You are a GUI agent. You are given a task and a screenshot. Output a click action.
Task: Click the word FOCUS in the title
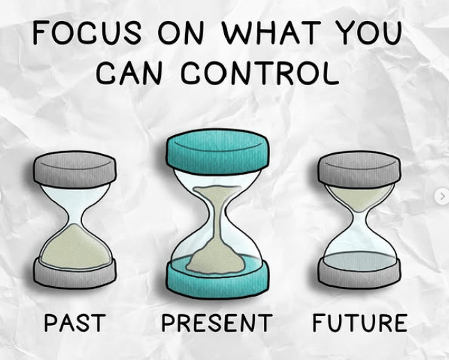[x=87, y=32]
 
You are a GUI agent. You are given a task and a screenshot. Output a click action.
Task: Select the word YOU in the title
[x=368, y=32]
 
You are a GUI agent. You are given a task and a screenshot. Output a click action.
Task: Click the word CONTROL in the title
[x=260, y=72]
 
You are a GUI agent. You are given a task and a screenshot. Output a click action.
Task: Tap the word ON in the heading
[x=181, y=32]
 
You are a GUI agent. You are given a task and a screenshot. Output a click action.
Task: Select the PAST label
[x=75, y=323]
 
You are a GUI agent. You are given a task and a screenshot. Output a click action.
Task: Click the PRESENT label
[x=216, y=323]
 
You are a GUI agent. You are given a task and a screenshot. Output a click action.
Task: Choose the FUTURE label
[x=360, y=323]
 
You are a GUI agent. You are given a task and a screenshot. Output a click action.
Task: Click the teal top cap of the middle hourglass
[x=218, y=152]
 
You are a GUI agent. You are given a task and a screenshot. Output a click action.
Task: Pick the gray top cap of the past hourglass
[x=74, y=169]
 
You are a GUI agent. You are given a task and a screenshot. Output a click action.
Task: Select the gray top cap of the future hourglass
[x=359, y=169]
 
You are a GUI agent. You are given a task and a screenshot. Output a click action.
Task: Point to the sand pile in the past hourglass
[x=75, y=249]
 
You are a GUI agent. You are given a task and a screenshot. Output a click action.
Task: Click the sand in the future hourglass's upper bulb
[x=360, y=197]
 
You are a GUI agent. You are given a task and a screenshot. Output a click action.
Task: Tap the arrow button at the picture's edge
[x=442, y=196]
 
